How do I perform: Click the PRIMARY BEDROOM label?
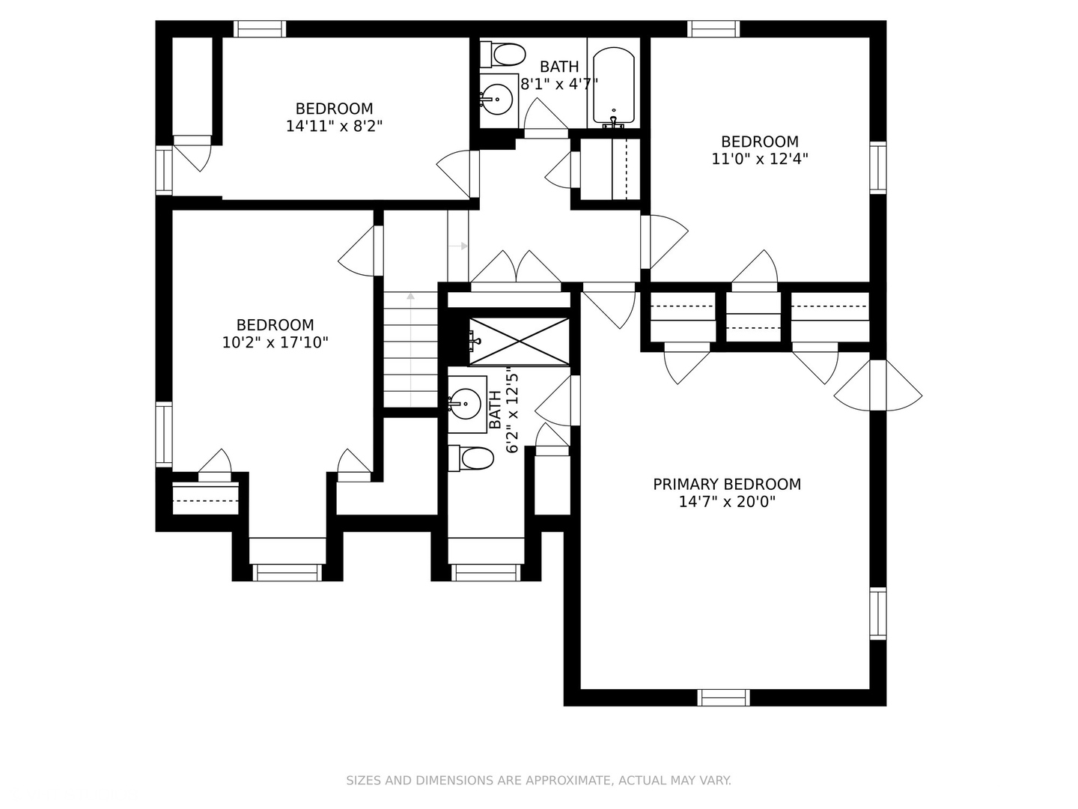click(726, 485)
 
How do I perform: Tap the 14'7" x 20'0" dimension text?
click(727, 502)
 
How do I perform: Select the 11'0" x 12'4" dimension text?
click(760, 159)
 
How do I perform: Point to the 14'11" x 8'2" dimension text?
click(334, 127)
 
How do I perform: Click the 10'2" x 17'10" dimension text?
click(275, 342)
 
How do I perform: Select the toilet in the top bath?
click(502, 54)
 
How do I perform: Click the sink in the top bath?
click(498, 99)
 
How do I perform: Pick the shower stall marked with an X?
click(519, 342)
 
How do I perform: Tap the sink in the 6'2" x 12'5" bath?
click(466, 404)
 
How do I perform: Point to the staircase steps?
click(410, 349)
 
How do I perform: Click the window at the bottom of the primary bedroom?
click(723, 697)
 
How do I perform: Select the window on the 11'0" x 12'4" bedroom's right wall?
click(878, 168)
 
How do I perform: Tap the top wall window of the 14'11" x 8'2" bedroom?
click(259, 29)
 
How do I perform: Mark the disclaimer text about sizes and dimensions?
click(539, 781)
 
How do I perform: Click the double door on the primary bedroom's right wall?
click(877, 386)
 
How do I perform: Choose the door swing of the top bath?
click(546, 118)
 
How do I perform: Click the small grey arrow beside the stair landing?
click(458, 246)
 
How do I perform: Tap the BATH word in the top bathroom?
click(559, 67)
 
